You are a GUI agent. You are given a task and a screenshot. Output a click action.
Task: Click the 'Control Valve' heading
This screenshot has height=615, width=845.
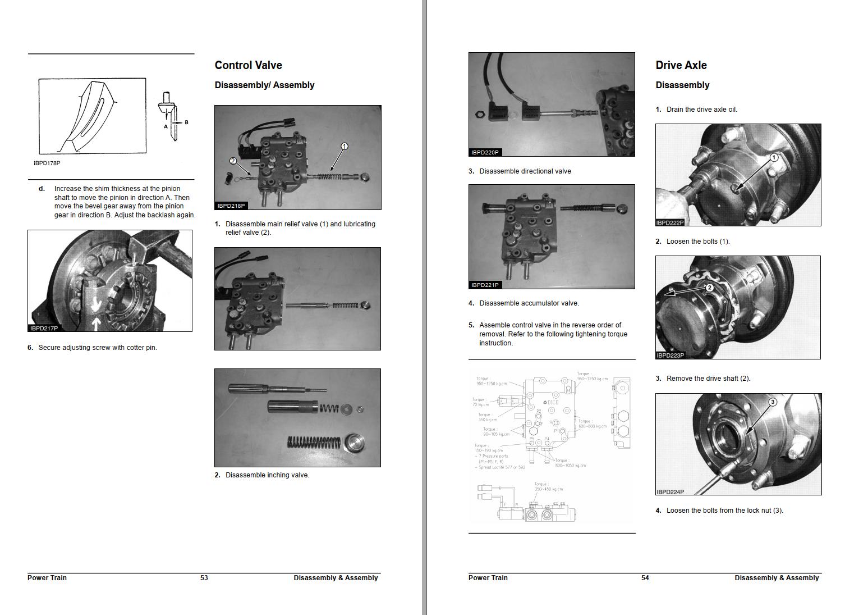tap(248, 65)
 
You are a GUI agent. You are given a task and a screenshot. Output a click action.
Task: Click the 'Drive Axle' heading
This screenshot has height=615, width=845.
tap(681, 65)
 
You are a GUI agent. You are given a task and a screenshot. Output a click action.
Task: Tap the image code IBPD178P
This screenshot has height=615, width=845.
tap(47, 163)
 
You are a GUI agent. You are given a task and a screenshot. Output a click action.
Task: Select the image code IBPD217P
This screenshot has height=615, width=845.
tap(44, 328)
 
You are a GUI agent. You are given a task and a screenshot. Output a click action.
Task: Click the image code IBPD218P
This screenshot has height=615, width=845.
tap(231, 206)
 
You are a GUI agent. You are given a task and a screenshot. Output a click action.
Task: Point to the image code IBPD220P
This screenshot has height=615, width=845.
tap(485, 152)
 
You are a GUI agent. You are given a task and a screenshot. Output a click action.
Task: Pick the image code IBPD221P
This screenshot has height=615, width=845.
tap(485, 285)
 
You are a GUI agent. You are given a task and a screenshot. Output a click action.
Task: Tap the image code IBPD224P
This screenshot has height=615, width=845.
tap(670, 492)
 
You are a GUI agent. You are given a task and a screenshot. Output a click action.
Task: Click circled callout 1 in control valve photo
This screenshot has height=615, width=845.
tap(345, 147)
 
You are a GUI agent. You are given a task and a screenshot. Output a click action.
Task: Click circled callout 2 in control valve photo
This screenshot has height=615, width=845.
tap(233, 161)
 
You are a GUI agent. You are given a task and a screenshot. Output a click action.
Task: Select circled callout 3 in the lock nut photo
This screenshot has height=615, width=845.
tap(772, 402)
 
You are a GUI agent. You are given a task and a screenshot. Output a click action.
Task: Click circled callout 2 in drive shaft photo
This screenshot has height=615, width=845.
tap(709, 288)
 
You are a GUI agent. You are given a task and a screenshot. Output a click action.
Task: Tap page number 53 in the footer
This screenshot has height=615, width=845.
tap(204, 578)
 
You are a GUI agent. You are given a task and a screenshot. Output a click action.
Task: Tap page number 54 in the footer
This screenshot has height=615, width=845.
tap(645, 578)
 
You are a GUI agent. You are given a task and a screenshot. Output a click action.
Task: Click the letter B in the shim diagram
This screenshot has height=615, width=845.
tap(186, 122)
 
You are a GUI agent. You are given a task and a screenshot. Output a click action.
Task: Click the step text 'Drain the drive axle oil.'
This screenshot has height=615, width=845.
tap(701, 110)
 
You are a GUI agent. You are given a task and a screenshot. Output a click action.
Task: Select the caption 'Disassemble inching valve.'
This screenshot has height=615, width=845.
tap(267, 475)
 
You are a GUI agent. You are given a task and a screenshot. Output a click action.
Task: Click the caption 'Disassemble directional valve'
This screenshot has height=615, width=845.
tap(525, 171)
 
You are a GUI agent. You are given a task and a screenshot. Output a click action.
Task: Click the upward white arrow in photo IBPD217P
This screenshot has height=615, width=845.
tap(96, 324)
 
